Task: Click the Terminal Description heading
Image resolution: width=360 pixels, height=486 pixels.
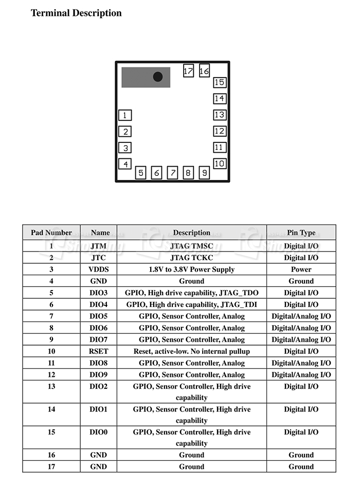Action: coord(76,13)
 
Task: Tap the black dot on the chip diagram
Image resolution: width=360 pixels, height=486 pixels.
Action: coord(158,77)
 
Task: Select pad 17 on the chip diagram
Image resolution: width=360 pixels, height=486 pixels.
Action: coord(188,71)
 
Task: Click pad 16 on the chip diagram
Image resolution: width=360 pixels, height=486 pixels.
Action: coord(204,71)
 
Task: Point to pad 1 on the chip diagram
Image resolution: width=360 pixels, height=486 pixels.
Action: coord(125,116)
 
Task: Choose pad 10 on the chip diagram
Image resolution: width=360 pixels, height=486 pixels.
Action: coord(220,164)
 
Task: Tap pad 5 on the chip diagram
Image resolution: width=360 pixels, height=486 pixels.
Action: coord(141,173)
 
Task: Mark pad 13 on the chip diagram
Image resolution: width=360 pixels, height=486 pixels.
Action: coord(220,115)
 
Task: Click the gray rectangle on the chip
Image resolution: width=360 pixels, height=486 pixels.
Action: coord(139,77)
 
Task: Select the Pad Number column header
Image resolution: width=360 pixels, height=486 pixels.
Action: coord(51,232)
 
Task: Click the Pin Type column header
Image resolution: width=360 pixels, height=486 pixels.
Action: coord(301,232)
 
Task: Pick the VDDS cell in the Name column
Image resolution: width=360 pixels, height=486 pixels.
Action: coord(98,269)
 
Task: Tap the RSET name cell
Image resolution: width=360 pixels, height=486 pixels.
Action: coord(98,351)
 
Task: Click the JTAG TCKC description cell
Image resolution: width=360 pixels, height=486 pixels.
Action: coord(191,258)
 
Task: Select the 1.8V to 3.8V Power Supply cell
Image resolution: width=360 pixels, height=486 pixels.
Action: coord(191,269)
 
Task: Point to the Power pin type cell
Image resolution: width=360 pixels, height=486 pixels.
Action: coord(301,269)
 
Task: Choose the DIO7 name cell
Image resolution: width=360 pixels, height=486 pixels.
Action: coord(98,339)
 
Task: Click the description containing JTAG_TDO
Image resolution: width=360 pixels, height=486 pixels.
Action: coord(191,293)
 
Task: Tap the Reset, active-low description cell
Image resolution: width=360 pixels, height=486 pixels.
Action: coord(191,351)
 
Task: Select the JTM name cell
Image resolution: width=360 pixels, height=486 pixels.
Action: coord(98,246)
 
